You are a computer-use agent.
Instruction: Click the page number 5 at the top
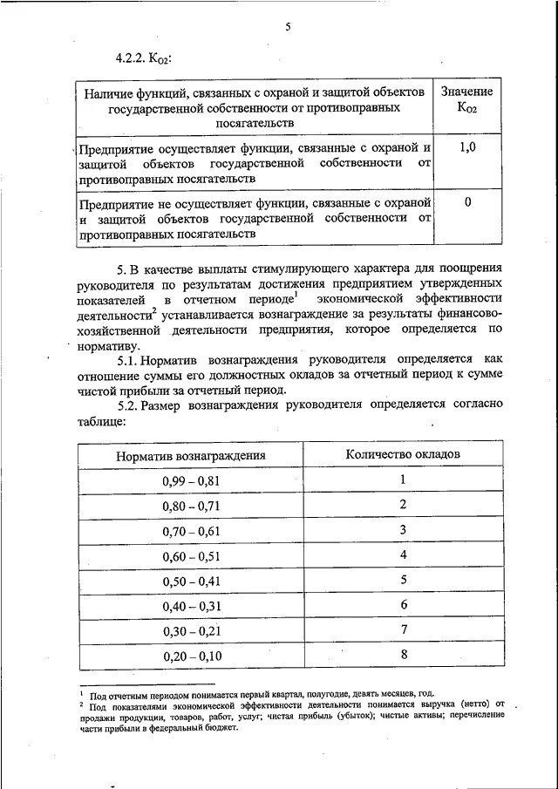point(287,28)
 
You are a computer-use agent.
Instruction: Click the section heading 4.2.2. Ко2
point(143,58)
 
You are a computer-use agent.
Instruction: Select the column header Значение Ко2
point(466,100)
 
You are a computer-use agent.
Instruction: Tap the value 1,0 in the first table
point(467,148)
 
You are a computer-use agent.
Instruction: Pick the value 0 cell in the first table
point(467,202)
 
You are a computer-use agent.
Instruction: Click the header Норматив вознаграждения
point(191,455)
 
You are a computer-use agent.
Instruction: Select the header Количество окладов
point(403,454)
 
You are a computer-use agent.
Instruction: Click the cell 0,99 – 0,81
point(191,480)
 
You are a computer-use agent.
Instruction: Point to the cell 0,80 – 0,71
point(191,506)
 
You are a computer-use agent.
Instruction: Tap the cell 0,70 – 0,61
point(191,530)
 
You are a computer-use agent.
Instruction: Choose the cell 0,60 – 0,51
point(191,555)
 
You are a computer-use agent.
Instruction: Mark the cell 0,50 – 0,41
point(191,581)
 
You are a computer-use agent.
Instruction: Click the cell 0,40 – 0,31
point(191,606)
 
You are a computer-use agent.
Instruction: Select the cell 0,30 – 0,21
point(191,630)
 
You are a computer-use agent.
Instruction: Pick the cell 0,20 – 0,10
point(191,656)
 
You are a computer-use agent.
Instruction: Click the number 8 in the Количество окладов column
point(404,655)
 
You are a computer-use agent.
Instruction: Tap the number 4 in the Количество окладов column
point(404,554)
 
